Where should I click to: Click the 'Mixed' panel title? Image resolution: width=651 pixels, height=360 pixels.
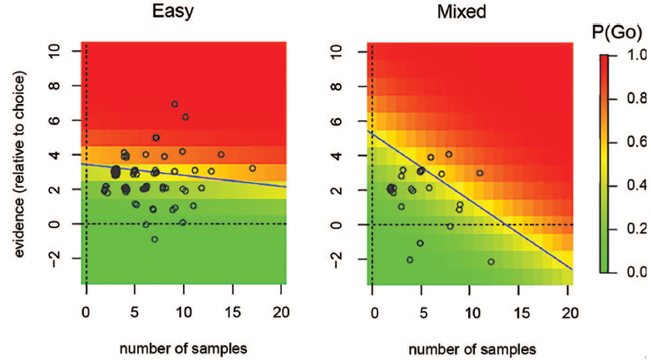click(471, 13)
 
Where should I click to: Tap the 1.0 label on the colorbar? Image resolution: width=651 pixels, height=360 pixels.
click(635, 57)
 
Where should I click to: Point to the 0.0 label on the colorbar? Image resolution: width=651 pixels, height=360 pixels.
click(635, 272)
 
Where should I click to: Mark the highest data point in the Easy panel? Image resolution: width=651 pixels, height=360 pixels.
click(175, 104)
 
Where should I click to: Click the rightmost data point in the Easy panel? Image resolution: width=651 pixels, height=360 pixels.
click(253, 168)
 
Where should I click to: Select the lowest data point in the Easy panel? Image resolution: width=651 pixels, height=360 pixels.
click(155, 239)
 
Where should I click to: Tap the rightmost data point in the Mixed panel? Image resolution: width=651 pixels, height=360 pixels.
click(491, 261)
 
